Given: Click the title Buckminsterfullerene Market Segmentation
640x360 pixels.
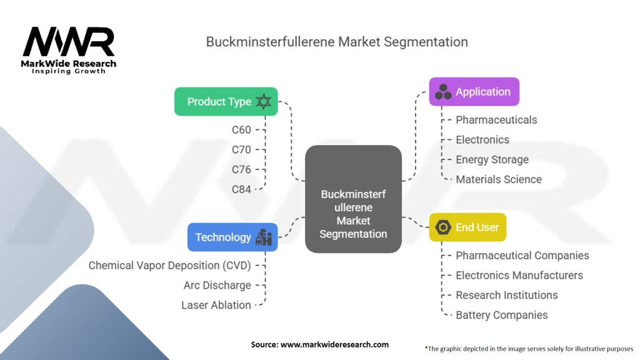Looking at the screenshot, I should [x=337, y=42].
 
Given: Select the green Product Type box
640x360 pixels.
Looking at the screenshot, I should [x=226, y=102].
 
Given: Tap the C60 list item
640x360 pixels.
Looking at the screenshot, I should [x=241, y=130].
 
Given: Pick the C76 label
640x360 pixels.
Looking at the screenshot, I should [x=241, y=169].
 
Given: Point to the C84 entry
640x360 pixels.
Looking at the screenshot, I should [x=241, y=189].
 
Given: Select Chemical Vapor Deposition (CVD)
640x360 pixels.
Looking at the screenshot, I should [x=169, y=266].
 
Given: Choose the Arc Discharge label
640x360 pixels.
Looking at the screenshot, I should [x=217, y=286].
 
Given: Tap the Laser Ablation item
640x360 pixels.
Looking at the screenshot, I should [x=216, y=305].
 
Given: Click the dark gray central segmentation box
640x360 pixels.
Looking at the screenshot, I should [x=353, y=199].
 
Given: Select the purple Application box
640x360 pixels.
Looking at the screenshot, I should [x=474, y=92].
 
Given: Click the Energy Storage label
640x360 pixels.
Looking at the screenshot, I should [x=492, y=159].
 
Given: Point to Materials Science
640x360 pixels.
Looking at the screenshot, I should [x=498, y=179].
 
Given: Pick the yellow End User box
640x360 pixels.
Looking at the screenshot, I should [x=467, y=227].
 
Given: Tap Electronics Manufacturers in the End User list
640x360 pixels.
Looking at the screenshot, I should [x=519, y=275].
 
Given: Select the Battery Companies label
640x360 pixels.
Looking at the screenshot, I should [x=501, y=315].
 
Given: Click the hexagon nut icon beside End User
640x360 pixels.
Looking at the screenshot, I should [x=443, y=227].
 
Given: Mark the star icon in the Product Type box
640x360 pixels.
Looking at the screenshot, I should [x=264, y=102].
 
